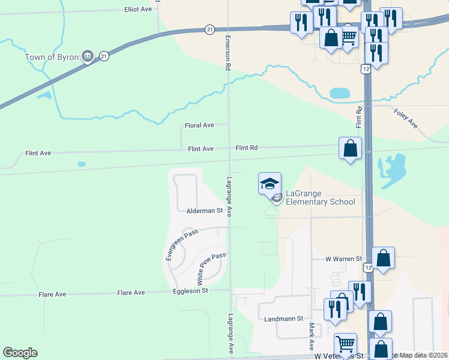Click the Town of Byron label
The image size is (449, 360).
point(52,58)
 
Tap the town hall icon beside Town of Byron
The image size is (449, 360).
point(88,57)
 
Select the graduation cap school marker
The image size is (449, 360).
point(270,183)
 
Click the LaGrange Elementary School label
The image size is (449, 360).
point(320,197)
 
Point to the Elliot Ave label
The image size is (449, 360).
point(138,10)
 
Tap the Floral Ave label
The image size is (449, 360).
point(199,125)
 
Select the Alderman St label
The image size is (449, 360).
point(204,211)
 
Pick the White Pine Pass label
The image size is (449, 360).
point(211,268)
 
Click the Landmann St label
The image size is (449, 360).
point(284,319)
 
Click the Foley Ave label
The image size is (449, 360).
point(405,118)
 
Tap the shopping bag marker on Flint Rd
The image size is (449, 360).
point(350,148)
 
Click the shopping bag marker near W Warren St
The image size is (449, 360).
point(383,258)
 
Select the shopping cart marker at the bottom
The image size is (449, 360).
point(345,344)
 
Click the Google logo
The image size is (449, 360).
point(20,353)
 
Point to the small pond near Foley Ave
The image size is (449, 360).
point(340,93)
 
